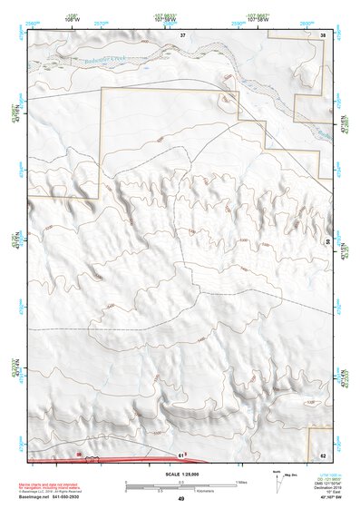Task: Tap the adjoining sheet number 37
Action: click(182, 34)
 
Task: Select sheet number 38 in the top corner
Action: click(324, 34)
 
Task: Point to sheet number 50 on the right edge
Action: click(328, 242)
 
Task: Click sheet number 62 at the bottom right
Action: click(324, 455)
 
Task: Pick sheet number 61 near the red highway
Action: click(180, 455)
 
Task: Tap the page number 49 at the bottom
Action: click(180, 499)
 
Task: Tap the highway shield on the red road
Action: click(80, 454)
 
